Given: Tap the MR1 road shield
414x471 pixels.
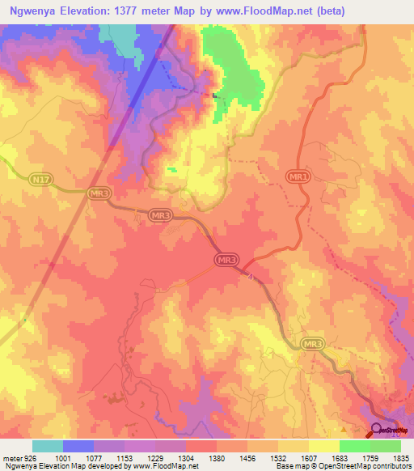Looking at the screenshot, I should click(x=298, y=176).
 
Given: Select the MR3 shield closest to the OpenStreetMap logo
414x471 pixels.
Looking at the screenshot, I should click(x=313, y=345).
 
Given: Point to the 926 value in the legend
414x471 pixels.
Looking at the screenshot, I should click(x=31, y=458).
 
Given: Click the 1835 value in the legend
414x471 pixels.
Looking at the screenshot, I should click(x=401, y=458).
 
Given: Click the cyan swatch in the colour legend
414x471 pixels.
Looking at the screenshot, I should click(x=48, y=446).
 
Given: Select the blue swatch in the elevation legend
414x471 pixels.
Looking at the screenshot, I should click(x=78, y=446).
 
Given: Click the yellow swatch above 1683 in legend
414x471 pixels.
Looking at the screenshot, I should click(x=324, y=446).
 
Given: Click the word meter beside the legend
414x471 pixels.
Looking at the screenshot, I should click(x=11, y=458).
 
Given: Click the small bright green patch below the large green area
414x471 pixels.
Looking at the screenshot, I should click(x=171, y=170).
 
